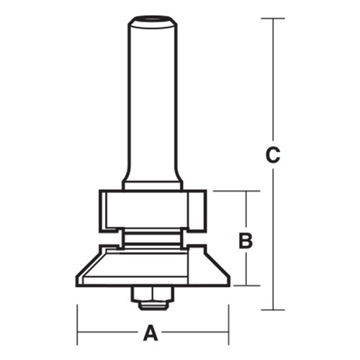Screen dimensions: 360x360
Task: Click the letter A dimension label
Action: [150, 333]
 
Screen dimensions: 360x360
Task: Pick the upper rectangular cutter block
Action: [152, 209]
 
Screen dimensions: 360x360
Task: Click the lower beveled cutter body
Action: [152, 266]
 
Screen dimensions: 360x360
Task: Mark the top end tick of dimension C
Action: [272, 18]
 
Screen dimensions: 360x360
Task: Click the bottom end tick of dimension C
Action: [272, 310]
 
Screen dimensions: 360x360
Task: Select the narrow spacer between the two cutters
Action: [150, 235]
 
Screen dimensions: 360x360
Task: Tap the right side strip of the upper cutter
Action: [201, 209]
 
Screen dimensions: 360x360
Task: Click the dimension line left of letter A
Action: [108, 333]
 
